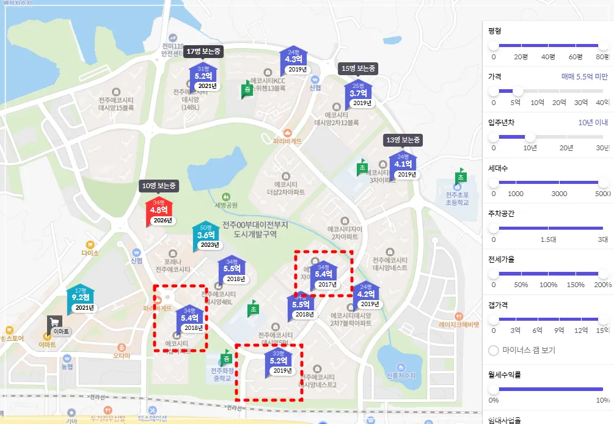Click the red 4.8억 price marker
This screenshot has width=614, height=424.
coord(159,211)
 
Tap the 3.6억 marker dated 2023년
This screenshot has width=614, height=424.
coord(205,235)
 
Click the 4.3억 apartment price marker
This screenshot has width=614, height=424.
coord(294,60)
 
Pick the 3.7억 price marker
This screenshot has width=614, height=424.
coord(359,94)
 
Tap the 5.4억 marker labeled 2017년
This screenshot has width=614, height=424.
coord(323,275)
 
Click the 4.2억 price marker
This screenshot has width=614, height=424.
coord(366,294)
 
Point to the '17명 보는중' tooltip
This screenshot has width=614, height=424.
coord(203,51)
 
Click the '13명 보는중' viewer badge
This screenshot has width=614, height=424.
coord(403,140)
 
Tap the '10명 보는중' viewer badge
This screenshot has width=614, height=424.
coord(158,186)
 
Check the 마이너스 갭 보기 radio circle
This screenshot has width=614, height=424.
coord(494,350)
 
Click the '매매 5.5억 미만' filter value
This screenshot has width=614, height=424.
coord(584,77)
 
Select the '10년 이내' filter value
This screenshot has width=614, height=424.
coord(593,122)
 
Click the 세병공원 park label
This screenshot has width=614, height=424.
coord(226,205)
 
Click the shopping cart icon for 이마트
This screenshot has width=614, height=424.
coord(55,322)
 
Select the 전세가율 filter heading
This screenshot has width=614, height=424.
coord(501,259)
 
